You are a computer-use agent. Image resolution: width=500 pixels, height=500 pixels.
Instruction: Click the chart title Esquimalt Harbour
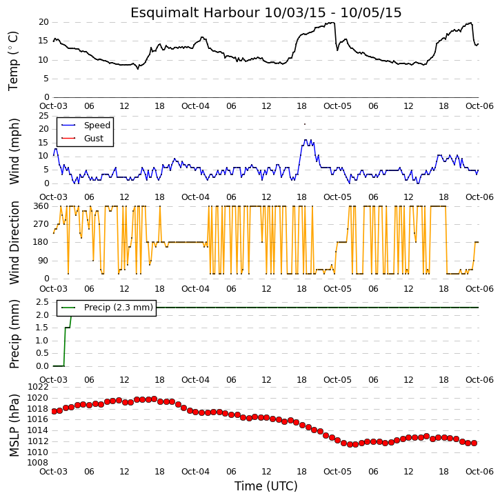[x=196, y=12]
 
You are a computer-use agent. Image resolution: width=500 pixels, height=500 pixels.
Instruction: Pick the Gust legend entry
[x=83, y=139]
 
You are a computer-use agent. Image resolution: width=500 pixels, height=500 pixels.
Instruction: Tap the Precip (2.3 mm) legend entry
[x=107, y=308]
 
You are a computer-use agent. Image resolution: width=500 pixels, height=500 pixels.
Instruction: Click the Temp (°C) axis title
[x=13, y=61]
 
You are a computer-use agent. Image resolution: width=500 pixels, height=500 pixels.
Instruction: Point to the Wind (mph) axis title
[x=14, y=151]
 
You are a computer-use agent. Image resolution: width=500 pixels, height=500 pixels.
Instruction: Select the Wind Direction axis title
[x=14, y=243]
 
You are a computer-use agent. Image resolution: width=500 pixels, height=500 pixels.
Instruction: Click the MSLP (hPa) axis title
[x=14, y=425]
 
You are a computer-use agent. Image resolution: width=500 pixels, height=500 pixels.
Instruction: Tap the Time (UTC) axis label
[x=266, y=486]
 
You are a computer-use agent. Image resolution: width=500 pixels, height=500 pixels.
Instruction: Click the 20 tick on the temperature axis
[x=43, y=22]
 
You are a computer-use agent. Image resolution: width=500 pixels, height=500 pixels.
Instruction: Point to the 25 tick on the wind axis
[x=43, y=115]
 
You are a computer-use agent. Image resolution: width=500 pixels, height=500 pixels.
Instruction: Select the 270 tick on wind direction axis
[x=41, y=224]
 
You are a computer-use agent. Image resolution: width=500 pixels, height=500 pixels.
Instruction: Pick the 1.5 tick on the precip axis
[x=42, y=328]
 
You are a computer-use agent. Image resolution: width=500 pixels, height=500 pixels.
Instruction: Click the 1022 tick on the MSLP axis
[x=39, y=387]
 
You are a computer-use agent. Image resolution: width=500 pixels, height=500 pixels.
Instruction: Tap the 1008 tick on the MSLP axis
[x=39, y=463]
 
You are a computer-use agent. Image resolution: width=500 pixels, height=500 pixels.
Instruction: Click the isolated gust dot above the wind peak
[x=305, y=124]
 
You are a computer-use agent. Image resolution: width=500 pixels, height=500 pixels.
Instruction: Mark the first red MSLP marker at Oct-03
[x=54, y=411]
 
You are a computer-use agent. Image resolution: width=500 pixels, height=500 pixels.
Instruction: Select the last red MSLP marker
[x=474, y=443]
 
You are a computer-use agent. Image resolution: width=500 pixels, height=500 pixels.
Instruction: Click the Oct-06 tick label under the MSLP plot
[x=479, y=472]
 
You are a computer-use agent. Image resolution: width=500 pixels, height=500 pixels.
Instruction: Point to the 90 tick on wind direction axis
[x=44, y=261]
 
